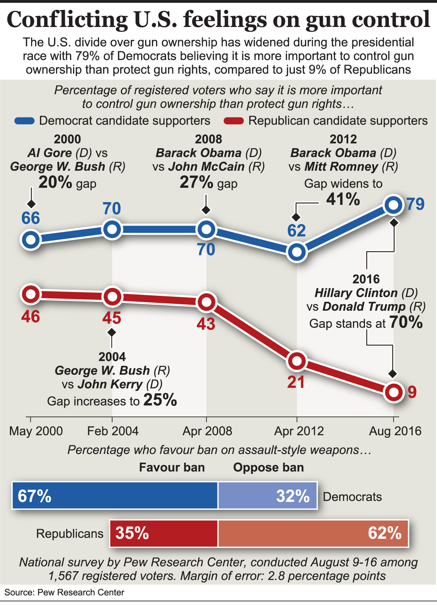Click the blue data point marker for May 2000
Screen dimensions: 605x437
(31, 240)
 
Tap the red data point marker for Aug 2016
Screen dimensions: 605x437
(393, 392)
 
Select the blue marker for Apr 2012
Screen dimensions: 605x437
(297, 252)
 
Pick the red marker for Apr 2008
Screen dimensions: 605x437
(206, 302)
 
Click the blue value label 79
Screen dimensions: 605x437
(415, 204)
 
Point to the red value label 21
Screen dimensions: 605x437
(296, 382)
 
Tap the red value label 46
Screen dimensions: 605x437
(31, 316)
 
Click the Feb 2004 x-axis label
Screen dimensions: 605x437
(113, 431)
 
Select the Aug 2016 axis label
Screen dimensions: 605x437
(395, 431)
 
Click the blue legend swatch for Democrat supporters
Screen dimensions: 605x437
(25, 121)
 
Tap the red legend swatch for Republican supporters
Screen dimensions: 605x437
(234, 121)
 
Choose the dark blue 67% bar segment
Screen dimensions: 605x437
(115, 495)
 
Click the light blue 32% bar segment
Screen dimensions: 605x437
(268, 495)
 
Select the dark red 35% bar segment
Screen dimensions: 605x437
(164, 533)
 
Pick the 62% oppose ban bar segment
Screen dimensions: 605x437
(313, 533)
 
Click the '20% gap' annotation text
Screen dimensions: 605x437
(67, 183)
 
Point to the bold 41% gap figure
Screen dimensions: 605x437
(343, 199)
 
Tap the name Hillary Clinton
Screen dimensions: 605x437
(356, 293)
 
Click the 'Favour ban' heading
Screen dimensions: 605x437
(172, 467)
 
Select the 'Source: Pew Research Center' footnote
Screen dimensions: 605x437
(64, 592)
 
